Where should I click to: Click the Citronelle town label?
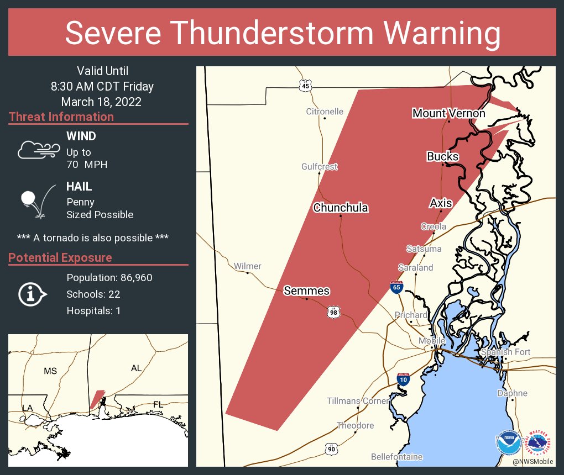[325, 112]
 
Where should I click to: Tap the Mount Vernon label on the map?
[448, 113]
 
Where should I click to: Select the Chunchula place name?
[341, 208]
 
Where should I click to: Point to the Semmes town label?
[306, 291]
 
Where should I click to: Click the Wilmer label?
[247, 266]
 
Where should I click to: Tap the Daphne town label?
[512, 393]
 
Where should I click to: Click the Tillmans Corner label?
[358, 401]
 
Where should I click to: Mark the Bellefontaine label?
[396, 457]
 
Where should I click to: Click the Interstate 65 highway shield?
[396, 287]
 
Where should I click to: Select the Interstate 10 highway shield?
[403, 379]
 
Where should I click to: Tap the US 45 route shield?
[306, 85]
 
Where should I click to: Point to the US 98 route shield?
[333, 312]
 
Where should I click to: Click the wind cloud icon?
[38, 150]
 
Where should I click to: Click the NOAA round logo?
[508, 442]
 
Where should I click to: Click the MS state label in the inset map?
[50, 371]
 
